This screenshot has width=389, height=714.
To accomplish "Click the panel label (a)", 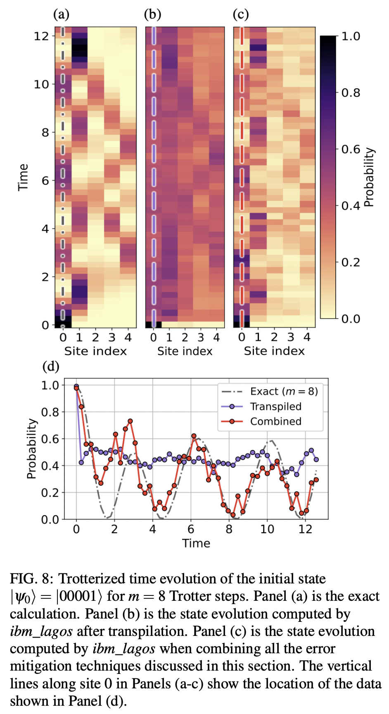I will pos(61,14).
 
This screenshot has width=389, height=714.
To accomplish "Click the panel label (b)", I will pos(152,14).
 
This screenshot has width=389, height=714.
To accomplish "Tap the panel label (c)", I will pos(241,14).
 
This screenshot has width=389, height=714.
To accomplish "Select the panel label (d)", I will pos(51,366).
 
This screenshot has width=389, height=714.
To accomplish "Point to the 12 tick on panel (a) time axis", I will pos(41,36).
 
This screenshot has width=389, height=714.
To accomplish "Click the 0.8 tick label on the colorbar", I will pos(351,93).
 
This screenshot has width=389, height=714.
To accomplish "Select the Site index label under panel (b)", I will pos(185,351).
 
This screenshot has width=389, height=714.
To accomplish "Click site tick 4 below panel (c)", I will pos(307,338).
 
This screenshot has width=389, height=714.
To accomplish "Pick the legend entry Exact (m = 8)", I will pos(284,391).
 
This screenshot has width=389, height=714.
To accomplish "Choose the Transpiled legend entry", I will pos(275,407).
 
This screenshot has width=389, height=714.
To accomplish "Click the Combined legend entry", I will pos(275,421).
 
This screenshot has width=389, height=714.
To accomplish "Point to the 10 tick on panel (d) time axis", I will pos(267,529).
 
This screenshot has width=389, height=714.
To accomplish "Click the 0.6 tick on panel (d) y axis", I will pos(50,439).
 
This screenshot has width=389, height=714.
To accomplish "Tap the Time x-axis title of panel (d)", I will pos(196,543).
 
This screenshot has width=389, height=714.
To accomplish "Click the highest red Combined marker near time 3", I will pos(130,421).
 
